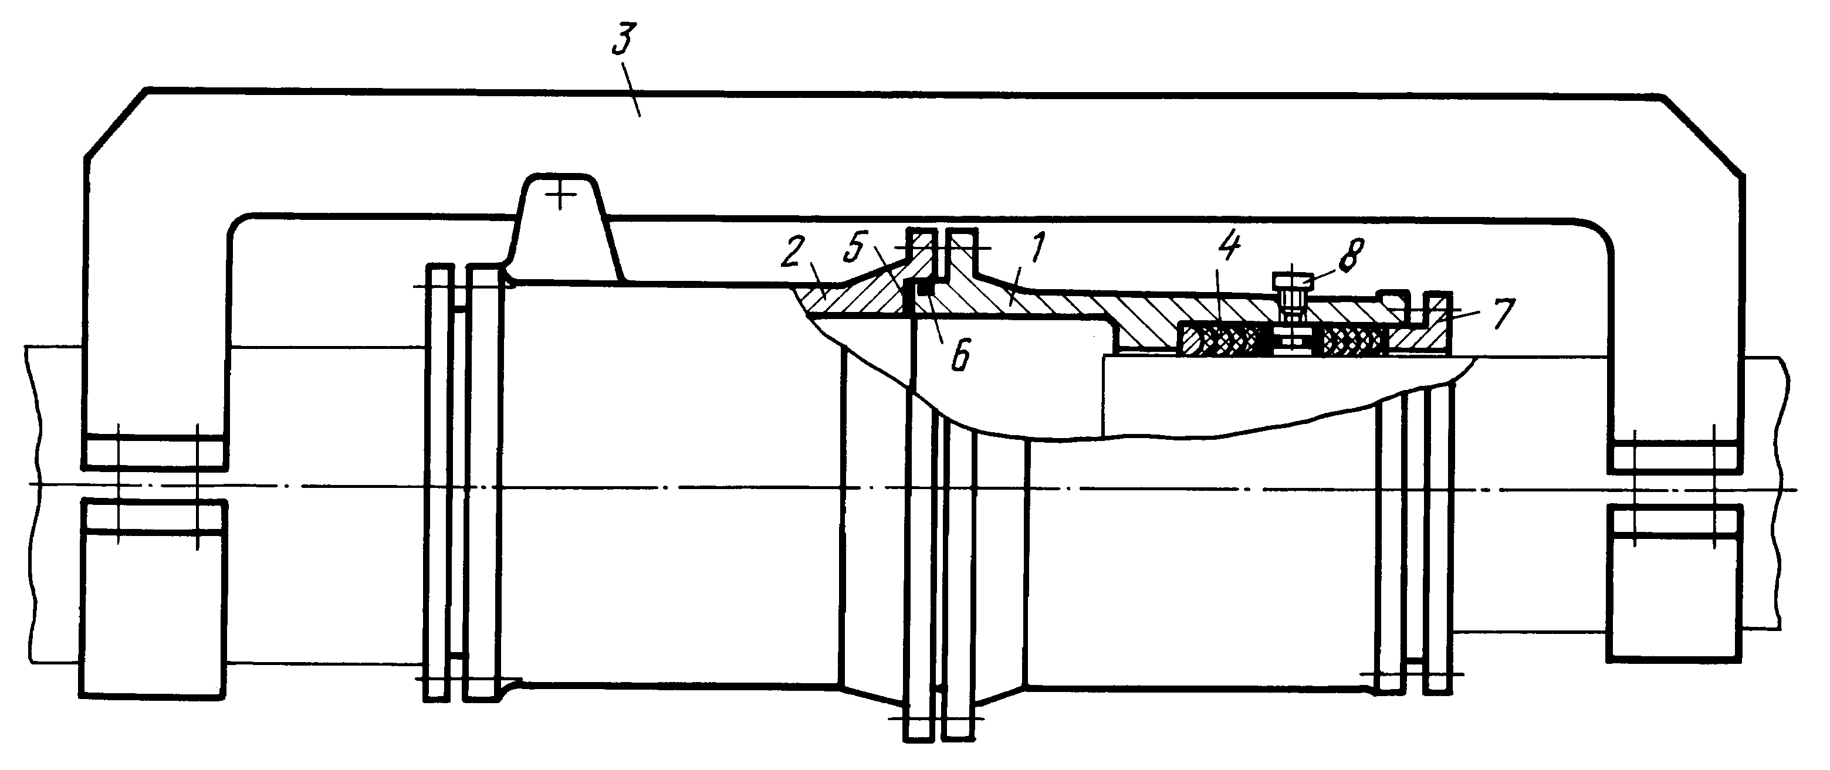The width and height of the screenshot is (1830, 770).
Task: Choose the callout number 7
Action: [1503, 313]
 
